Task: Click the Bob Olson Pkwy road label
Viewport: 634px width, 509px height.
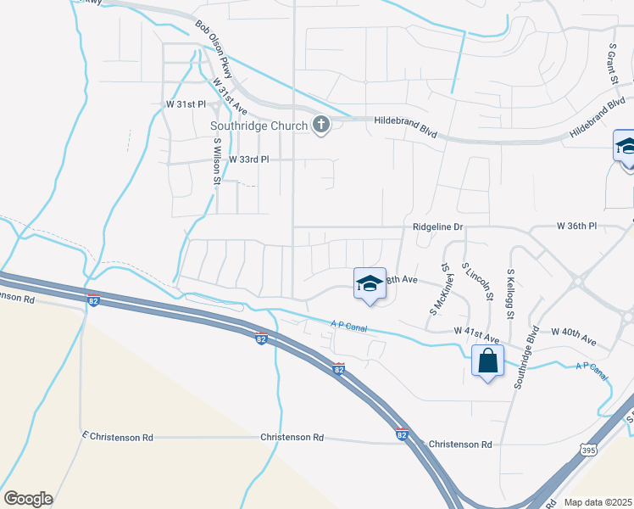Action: [x=213, y=45]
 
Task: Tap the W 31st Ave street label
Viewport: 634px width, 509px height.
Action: [x=229, y=97]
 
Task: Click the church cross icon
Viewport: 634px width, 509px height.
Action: [x=320, y=126]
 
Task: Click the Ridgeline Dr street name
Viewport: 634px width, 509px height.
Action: [x=438, y=227]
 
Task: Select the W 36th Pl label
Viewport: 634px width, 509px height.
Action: [x=576, y=227]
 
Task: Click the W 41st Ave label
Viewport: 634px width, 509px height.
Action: [x=475, y=331]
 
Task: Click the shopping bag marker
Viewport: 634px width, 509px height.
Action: [x=488, y=361]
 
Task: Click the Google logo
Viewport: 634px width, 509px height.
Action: [x=28, y=499]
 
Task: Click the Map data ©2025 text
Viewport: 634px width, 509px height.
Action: [x=598, y=502]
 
